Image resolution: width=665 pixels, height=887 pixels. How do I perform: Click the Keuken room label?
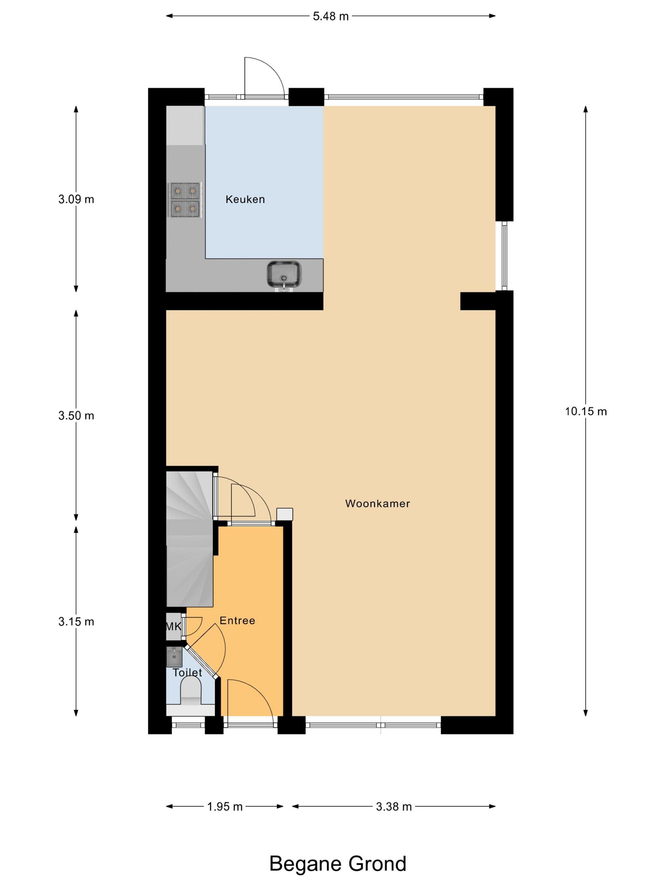[x=245, y=199]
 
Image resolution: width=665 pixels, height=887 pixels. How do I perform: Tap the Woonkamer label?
[x=377, y=504]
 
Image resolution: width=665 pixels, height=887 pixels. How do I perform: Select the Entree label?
[x=237, y=621]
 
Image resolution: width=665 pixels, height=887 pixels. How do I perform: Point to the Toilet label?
[x=187, y=673]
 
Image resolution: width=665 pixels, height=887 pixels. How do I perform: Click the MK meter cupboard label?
[x=174, y=626]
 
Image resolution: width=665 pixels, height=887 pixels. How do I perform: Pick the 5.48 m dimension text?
[x=331, y=16]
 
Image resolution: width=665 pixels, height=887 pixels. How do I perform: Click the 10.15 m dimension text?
[x=586, y=412]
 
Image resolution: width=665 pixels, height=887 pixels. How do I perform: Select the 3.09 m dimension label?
[x=76, y=199]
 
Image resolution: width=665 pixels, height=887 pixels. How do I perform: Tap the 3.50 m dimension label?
[x=76, y=416]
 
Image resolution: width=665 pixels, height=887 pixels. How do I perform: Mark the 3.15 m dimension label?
[x=76, y=622]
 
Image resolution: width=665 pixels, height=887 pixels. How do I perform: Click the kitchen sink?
[x=284, y=275]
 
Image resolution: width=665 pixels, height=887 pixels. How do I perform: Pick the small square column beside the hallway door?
[x=285, y=514]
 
